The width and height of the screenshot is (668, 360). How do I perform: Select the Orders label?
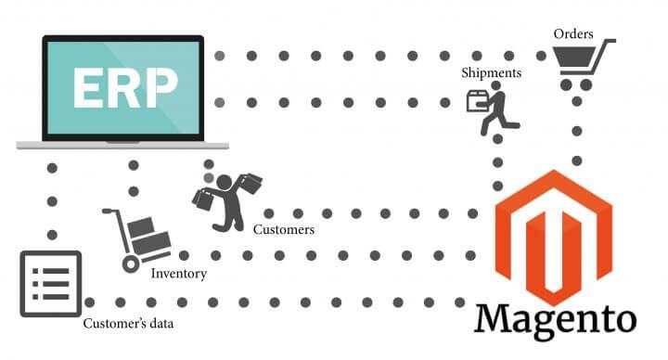coord(573,34)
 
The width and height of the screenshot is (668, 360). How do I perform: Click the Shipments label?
coord(492,71)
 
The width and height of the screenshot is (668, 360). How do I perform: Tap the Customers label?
coord(284,229)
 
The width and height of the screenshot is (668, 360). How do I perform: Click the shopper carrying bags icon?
coord(226,199)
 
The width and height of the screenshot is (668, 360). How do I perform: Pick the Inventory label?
coord(178,274)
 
